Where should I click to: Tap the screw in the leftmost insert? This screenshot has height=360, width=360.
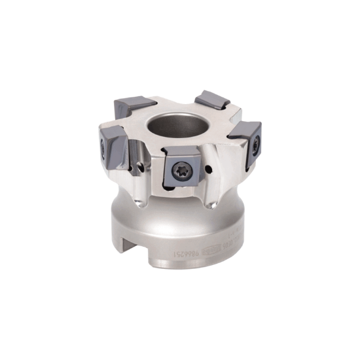(x=102, y=149)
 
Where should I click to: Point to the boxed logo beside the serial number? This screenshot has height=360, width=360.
(x=211, y=251)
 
